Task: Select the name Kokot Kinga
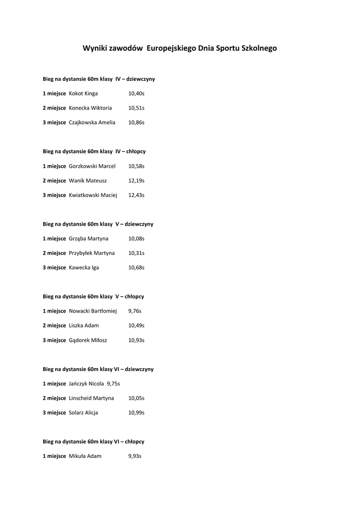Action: (83, 93)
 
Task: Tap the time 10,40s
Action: (136, 93)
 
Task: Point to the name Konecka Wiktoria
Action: (90, 108)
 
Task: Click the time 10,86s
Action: (136, 122)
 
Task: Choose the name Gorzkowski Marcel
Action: (92, 166)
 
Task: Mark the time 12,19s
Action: (136, 181)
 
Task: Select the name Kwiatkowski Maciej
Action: (93, 195)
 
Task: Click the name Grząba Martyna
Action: (88, 239)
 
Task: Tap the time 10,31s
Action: (136, 253)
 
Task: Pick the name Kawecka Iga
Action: (83, 267)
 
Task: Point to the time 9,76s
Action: (135, 311)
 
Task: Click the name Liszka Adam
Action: (83, 325)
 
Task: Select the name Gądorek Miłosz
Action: (87, 340)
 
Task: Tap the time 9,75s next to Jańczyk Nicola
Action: (113, 383)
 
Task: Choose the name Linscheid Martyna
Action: (91, 398)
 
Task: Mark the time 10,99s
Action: (136, 413)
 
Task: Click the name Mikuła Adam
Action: (85, 456)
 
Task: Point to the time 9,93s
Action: (135, 456)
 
